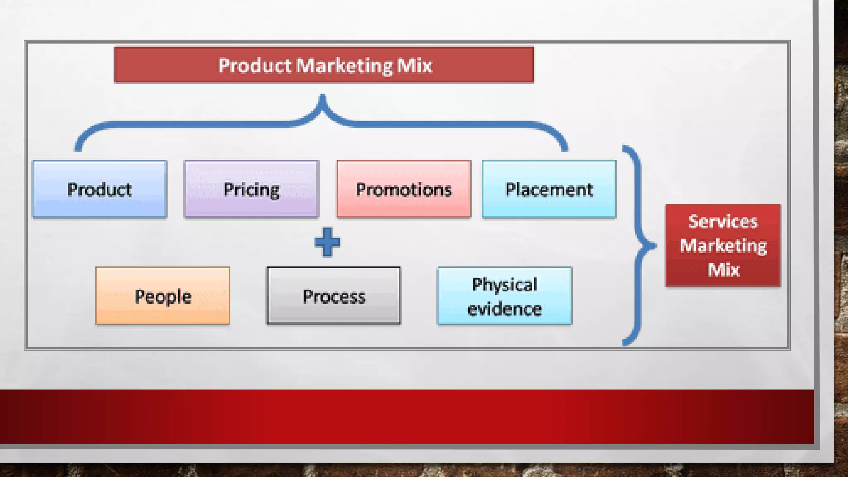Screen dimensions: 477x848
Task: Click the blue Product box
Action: point(100,189)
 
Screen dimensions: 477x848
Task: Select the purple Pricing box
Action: point(251,189)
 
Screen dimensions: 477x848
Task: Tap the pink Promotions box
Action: point(404,189)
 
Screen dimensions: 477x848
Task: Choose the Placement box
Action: point(549,189)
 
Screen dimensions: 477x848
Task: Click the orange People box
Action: point(163,296)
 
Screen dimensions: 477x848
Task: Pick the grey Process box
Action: point(334,296)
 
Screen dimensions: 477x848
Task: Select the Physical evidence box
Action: point(505,296)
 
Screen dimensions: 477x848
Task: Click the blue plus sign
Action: point(327,242)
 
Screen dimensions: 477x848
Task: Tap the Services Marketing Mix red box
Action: point(723,245)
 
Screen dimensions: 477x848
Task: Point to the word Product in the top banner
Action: point(255,65)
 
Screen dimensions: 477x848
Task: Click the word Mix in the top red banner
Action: point(414,65)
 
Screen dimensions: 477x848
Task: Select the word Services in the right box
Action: point(723,221)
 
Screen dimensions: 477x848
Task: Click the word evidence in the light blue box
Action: point(505,309)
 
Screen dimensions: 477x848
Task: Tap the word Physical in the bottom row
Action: point(505,284)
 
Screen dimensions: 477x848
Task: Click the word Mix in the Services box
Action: point(723,270)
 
